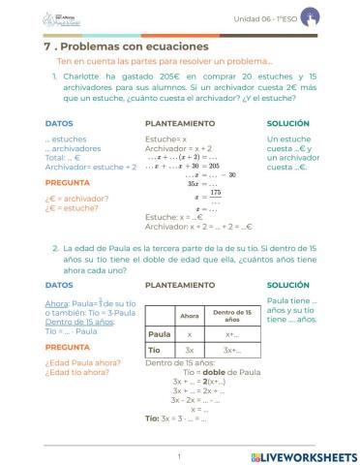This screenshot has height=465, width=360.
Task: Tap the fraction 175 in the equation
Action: point(216,192)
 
